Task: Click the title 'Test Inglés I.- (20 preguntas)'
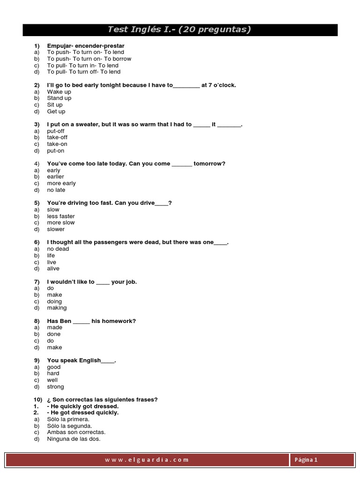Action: [180, 30]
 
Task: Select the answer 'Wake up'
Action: [59, 92]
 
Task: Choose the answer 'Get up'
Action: [56, 112]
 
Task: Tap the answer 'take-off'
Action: [57, 138]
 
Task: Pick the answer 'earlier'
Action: [56, 177]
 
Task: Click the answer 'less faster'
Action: [61, 216]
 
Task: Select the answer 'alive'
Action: [53, 269]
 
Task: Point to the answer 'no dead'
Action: [58, 249]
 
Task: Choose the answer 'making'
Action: [57, 308]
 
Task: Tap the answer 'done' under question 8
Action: [54, 334]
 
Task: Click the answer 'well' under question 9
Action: [52, 380]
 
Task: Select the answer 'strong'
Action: [55, 387]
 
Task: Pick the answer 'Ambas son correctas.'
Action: [76, 432]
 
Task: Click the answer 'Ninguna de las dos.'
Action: [74, 439]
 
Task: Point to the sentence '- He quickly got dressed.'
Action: [83, 406]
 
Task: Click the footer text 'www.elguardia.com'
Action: [147, 460]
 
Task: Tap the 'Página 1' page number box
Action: [306, 460]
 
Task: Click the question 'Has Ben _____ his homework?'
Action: [91, 321]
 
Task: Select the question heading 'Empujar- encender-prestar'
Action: [86, 46]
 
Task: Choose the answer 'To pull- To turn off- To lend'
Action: [83, 72]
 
